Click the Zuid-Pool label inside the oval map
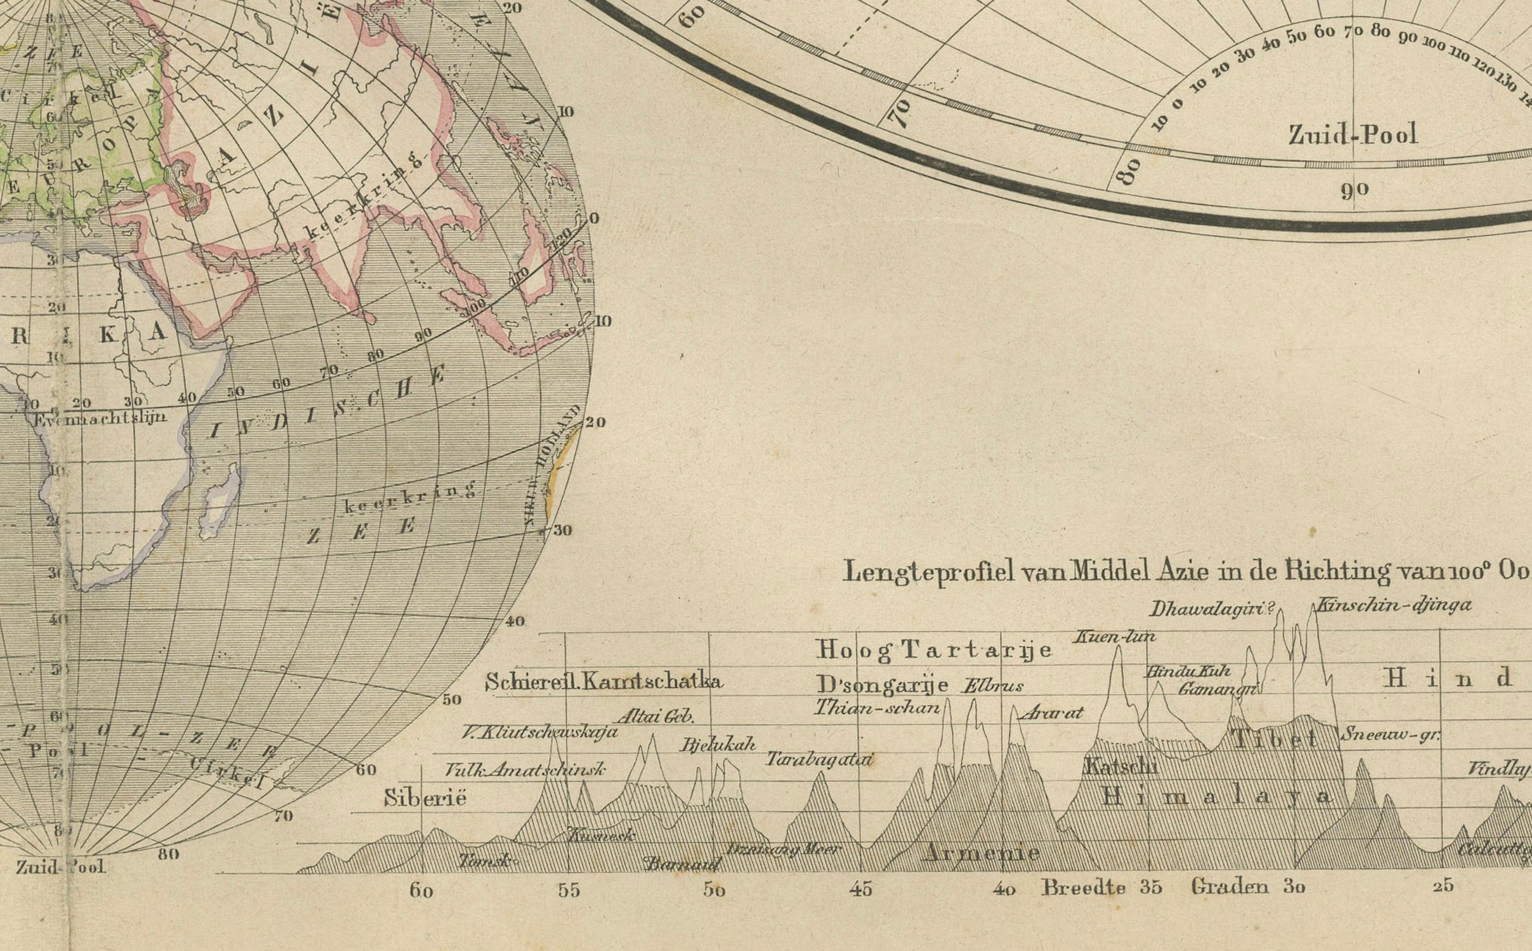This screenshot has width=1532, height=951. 1352,134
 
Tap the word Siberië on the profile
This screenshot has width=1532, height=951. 425,798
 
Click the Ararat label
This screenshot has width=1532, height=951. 1051,713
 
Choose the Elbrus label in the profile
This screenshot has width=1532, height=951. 992,686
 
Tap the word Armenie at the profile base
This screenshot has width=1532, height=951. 980,853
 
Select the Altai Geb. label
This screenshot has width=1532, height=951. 655,716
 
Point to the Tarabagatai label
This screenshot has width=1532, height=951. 819,759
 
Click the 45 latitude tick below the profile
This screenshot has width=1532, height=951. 861,890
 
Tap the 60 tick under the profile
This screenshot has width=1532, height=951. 421,891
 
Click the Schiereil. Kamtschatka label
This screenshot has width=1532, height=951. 603,682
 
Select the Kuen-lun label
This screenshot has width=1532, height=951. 1114,637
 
